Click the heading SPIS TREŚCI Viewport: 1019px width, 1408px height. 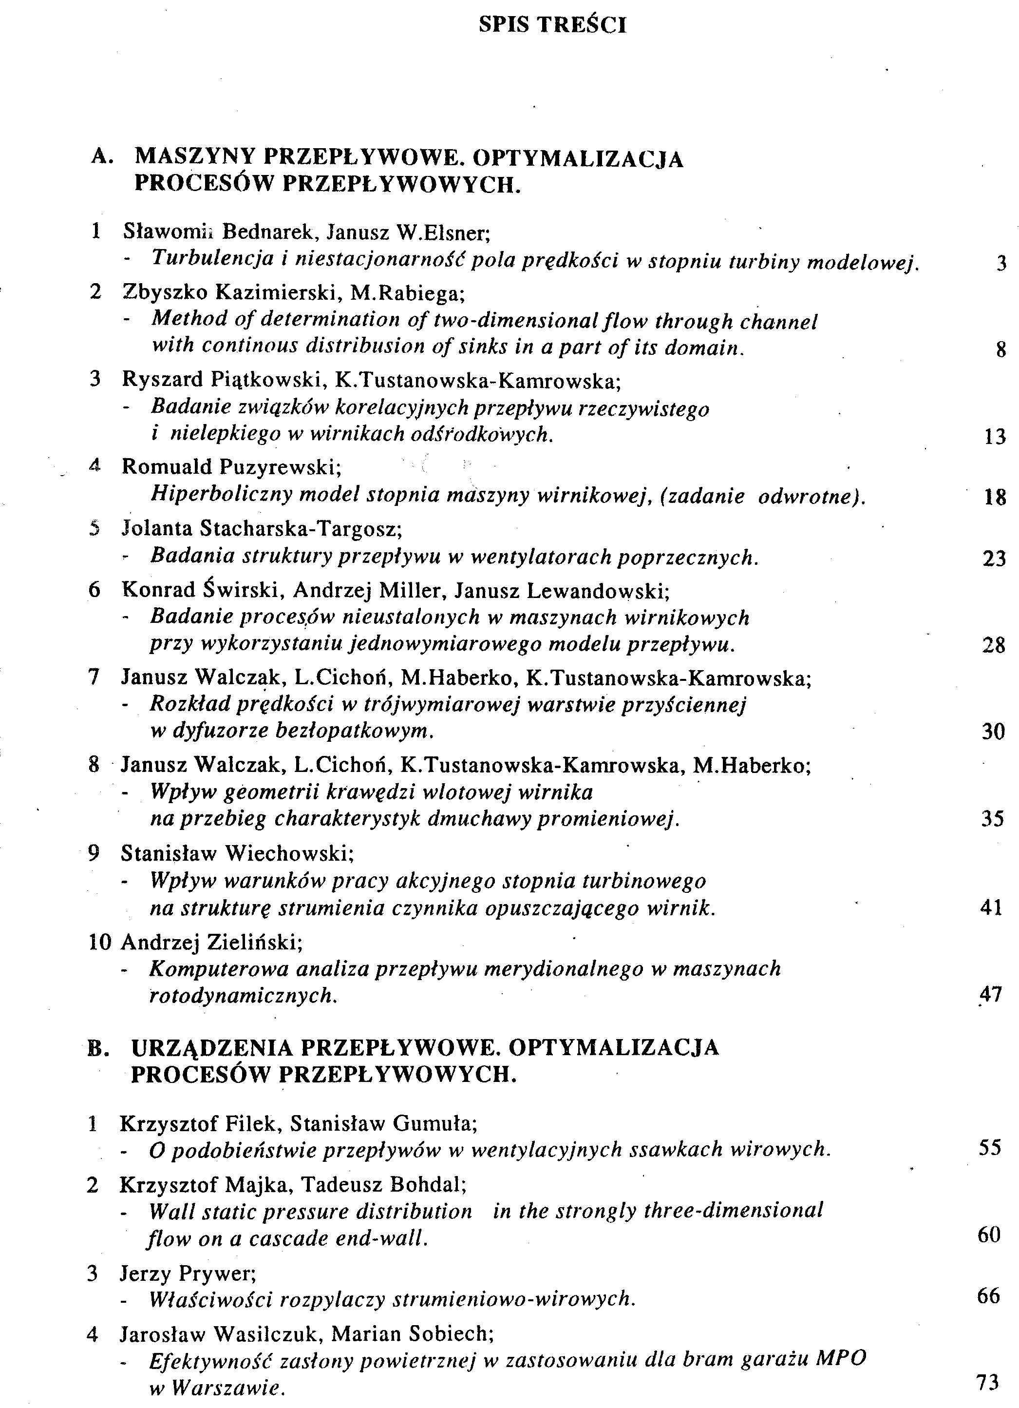click(x=552, y=25)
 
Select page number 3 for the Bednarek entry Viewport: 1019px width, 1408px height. click(x=1000, y=264)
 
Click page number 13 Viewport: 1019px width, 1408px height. click(x=994, y=437)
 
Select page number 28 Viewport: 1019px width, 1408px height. click(x=994, y=646)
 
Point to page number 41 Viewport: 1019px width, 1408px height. click(x=992, y=907)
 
